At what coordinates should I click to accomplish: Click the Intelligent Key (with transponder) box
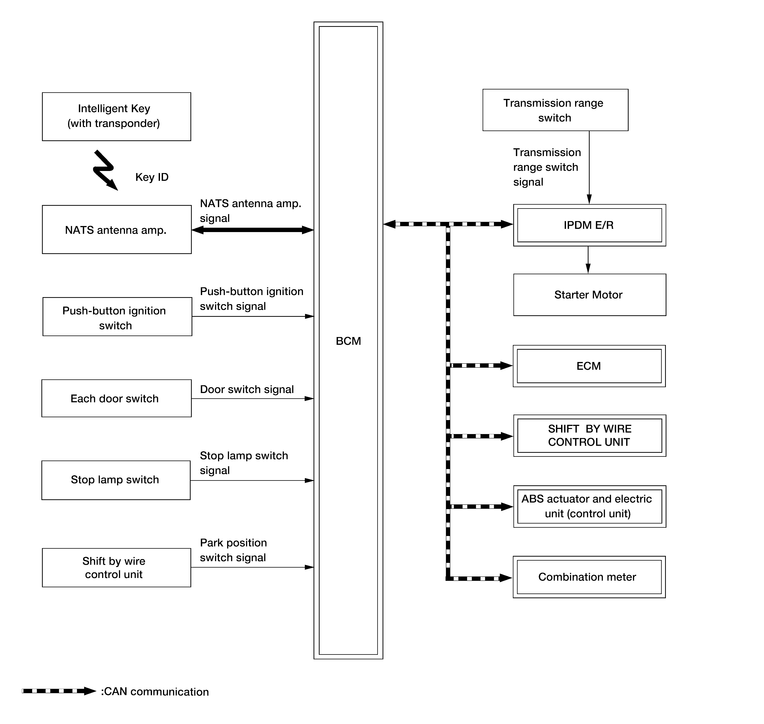coord(116,117)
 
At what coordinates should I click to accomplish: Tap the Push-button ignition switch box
coord(117,316)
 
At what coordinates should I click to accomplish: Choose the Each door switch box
coord(116,398)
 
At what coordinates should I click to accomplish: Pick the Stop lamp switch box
coord(116,480)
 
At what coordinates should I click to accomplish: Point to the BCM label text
coord(348,341)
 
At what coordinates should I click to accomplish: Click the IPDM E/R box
coord(590,225)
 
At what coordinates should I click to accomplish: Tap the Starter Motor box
coord(590,295)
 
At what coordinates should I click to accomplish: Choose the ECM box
coord(589,366)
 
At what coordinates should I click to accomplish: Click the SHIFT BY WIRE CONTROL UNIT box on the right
coord(590,436)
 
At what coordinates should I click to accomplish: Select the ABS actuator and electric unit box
coord(590,506)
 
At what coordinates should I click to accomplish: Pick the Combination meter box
coord(589,577)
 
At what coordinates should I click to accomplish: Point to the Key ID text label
coord(152,177)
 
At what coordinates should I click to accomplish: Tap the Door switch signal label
coord(247,389)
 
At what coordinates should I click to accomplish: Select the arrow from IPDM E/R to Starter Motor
coord(588,260)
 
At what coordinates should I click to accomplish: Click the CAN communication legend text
coord(155,692)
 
